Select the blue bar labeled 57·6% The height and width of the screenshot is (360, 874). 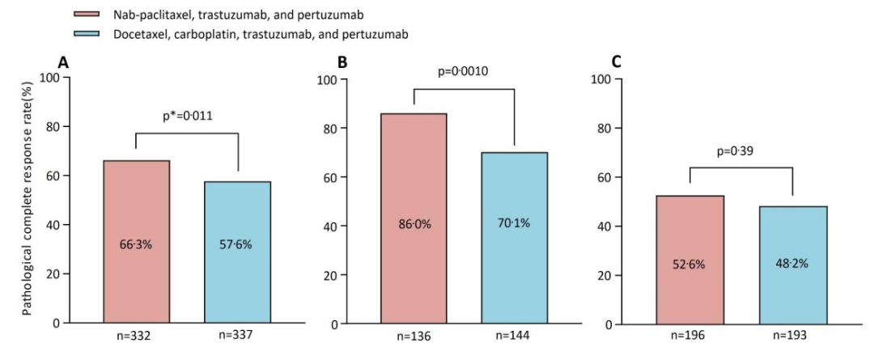(237, 252)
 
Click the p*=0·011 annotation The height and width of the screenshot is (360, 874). (186, 116)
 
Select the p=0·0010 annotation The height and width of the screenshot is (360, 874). (464, 70)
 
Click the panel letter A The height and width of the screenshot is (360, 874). (62, 62)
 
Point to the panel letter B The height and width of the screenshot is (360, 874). (342, 62)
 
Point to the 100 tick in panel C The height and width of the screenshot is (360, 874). (601, 79)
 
